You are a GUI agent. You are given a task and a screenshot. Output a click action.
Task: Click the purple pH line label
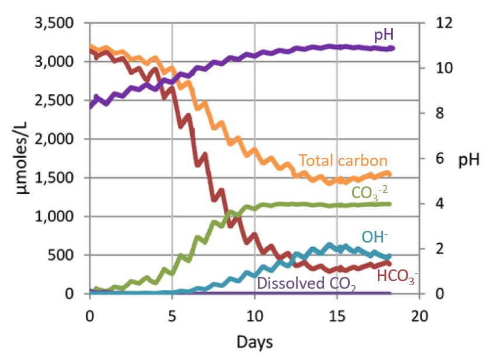click(x=383, y=35)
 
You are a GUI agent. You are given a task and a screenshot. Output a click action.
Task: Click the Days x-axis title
click(x=254, y=340)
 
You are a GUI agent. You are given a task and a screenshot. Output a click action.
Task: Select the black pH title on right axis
click(x=467, y=160)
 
